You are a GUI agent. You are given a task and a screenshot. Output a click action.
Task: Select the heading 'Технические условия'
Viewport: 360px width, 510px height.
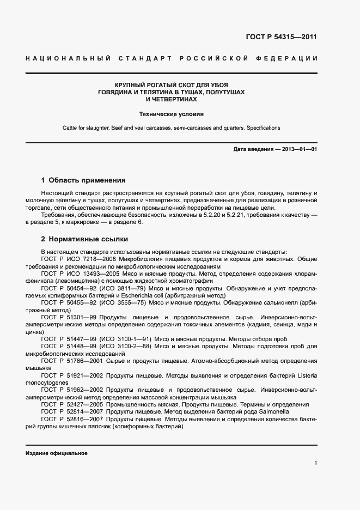coord(171,114)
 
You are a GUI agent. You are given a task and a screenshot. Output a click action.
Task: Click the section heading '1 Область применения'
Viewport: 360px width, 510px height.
coord(83,180)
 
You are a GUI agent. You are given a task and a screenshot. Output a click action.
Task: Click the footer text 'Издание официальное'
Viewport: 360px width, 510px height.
coord(56,453)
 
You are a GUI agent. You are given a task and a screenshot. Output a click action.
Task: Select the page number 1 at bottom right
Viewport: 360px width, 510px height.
coord(315,463)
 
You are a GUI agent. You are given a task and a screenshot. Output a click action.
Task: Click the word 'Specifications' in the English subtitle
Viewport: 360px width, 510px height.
coord(263,128)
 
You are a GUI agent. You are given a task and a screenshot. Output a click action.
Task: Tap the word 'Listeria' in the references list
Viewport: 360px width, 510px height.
coord(305,375)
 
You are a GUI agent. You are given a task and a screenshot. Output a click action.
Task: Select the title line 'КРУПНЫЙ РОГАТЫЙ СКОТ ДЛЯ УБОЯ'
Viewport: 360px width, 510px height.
coord(171,85)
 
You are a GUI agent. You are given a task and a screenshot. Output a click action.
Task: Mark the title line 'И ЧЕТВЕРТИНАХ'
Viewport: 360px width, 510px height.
coord(171,100)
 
